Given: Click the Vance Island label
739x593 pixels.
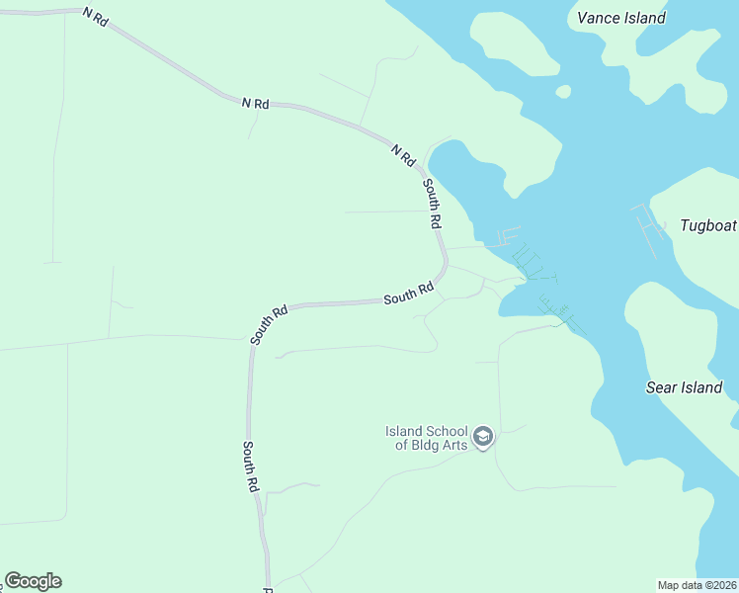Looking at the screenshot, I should pyautogui.click(x=620, y=18).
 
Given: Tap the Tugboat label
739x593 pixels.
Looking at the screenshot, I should pyautogui.click(x=708, y=225).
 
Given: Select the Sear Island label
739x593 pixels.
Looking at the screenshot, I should pyautogui.click(x=684, y=387).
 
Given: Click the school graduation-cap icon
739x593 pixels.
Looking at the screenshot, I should pyautogui.click(x=483, y=437).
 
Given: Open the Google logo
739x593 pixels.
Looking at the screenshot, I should pyautogui.click(x=33, y=581).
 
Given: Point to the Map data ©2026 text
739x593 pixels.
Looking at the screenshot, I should pyautogui.click(x=697, y=585).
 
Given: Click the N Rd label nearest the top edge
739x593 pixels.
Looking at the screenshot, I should pyautogui.click(x=95, y=18).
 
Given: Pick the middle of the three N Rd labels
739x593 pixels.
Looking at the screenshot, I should pyautogui.click(x=255, y=103).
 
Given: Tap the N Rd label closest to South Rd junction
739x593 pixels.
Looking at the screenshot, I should pyautogui.click(x=402, y=155).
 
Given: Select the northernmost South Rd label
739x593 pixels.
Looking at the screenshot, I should pyautogui.click(x=432, y=204).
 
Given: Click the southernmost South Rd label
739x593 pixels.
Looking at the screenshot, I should pyautogui.click(x=251, y=466).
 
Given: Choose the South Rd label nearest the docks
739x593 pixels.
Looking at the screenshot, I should pyautogui.click(x=409, y=294).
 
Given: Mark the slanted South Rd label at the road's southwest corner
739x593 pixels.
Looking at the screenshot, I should pyautogui.click(x=269, y=324).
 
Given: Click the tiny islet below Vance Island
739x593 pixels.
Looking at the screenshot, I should pyautogui.click(x=563, y=92).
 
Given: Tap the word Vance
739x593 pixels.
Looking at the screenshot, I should pyautogui.click(x=598, y=18).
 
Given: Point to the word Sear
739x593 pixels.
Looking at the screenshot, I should pyautogui.click(x=661, y=387).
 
